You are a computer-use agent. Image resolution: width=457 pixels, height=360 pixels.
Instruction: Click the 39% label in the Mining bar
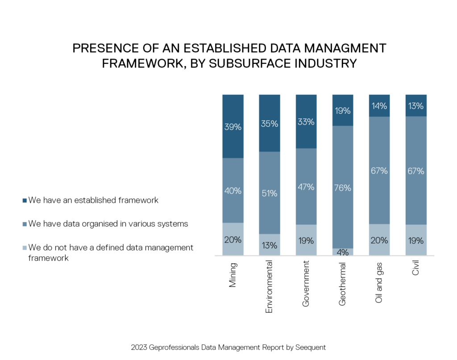[x=233, y=127]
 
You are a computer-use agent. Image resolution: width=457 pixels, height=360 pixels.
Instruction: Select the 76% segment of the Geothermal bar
[x=343, y=188]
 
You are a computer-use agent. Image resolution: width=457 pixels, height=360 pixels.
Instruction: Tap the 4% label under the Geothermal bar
[x=343, y=252]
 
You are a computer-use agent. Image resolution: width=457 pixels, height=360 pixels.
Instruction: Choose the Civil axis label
[x=416, y=270]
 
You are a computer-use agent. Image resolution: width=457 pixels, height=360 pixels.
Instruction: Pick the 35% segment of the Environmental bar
[x=270, y=124]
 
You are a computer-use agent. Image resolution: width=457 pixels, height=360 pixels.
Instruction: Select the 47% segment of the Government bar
[x=306, y=186]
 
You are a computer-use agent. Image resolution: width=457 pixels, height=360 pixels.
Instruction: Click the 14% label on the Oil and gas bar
[x=379, y=106]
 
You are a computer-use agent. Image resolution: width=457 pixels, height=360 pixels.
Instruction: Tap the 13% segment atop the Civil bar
[x=416, y=106]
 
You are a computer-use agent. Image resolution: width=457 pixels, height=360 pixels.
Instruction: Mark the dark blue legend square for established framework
[x=25, y=201]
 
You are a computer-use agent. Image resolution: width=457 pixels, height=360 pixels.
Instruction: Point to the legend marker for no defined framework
[x=25, y=247]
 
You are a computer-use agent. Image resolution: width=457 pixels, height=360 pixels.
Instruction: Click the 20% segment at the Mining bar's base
[x=233, y=239]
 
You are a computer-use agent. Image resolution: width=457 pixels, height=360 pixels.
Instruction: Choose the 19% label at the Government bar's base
[x=306, y=240]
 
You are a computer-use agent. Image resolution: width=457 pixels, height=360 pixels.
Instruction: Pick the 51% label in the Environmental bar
[x=270, y=193]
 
